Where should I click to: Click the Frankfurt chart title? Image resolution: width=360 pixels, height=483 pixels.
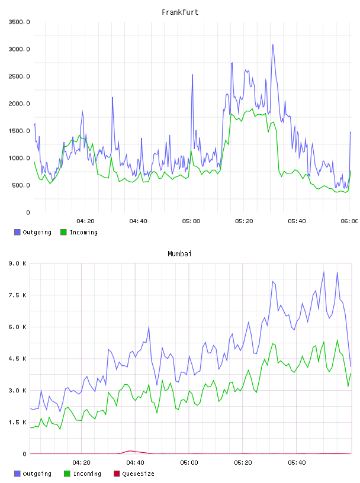pos(180,12)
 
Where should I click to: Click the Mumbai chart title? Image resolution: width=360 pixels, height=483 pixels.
pos(179,254)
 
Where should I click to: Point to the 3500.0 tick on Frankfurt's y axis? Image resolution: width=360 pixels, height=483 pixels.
pos(19,22)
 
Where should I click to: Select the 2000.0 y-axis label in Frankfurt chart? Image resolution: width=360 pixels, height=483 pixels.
pos(19,104)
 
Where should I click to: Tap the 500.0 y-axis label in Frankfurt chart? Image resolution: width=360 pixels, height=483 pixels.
pos(21,185)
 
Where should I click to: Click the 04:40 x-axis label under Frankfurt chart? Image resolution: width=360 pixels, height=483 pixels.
pos(138,221)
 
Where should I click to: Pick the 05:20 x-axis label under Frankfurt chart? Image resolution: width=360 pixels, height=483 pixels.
pos(244,221)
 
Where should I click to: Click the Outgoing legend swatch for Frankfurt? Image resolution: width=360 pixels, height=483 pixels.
pos(17,232)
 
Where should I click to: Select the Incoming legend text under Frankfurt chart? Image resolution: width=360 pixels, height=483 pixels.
pos(83,232)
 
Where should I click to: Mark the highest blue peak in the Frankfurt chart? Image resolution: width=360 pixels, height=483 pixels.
pos(273,45)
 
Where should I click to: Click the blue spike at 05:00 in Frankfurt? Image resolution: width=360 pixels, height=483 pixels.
pos(192,75)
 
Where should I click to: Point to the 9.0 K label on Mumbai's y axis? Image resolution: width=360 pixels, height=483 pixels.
pos(18,263)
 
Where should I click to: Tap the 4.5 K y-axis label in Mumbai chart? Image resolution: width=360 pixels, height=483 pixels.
pos(18,359)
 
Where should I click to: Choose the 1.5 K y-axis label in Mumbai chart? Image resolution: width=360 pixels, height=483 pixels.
pos(18,422)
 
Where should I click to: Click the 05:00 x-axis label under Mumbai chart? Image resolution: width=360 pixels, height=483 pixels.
pos(189,462)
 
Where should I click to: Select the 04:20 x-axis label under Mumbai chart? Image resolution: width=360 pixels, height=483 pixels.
pos(81,462)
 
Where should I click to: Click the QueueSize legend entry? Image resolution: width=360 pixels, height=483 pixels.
pos(134,474)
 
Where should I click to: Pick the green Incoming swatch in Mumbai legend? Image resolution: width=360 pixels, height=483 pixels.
pos(67,474)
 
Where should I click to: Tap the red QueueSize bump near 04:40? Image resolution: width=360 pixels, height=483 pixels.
pos(131,451)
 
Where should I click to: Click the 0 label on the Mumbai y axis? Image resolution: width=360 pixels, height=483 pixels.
pos(24,454)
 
